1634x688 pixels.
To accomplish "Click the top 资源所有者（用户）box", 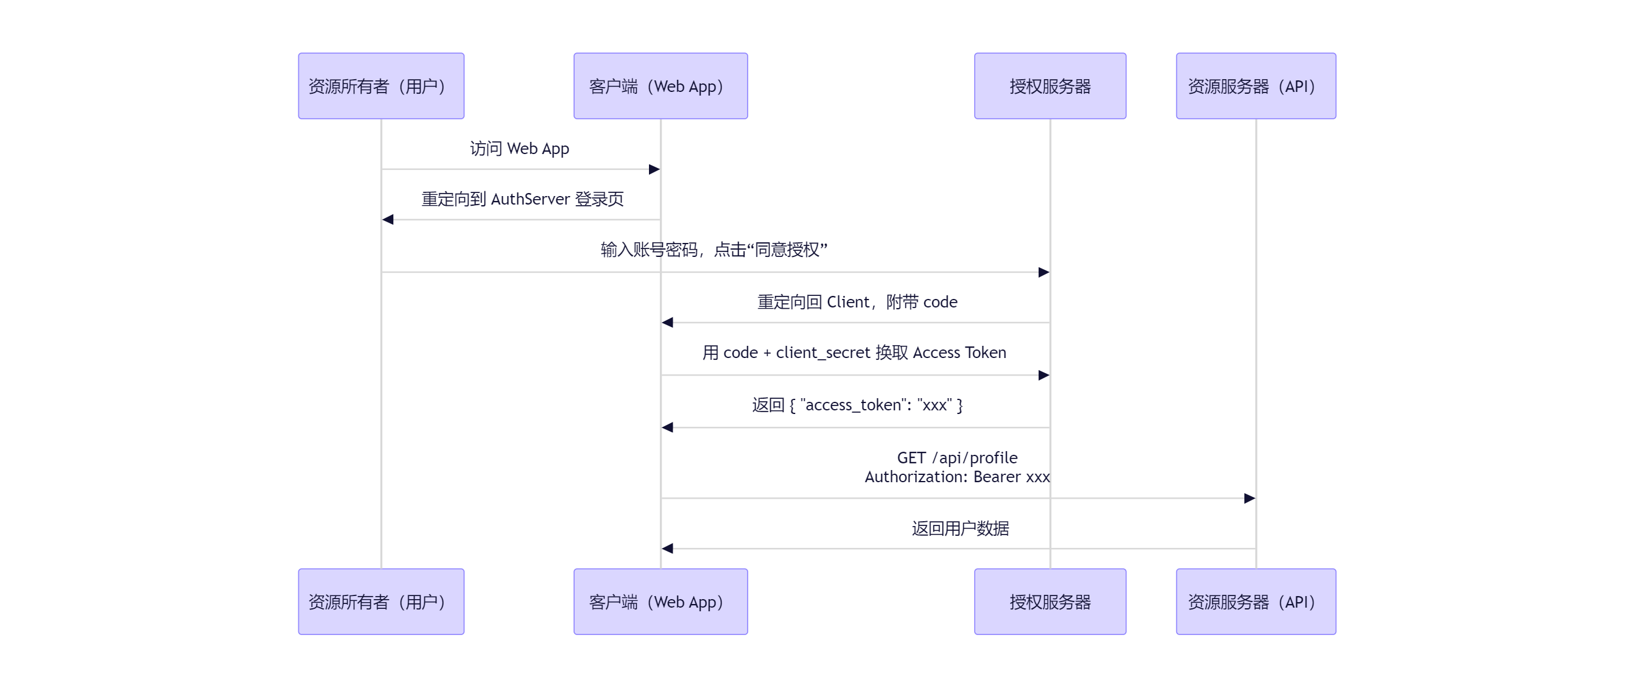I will coord(380,86).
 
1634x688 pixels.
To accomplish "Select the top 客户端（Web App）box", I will coord(661,86).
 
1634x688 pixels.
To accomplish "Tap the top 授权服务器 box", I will coord(1050,86).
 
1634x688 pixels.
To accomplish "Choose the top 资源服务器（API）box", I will coord(1255,86).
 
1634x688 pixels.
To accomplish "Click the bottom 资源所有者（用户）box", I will coord(380,601).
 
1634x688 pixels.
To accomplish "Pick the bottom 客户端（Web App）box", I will coord(661,601).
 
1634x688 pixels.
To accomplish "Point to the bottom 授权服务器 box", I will coord(1050,601).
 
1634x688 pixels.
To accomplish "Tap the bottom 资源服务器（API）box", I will coord(1255,601).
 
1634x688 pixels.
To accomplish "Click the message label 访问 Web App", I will coord(519,149).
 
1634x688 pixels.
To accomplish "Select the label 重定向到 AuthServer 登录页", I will coord(522,199).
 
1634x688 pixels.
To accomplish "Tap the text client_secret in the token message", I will coord(822,353).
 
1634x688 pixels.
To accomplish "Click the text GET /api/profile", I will coord(956,457).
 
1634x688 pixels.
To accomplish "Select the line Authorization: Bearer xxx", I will coord(956,477).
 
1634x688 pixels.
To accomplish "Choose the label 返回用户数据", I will coord(959,528).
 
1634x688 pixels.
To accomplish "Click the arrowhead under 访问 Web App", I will coord(654,169).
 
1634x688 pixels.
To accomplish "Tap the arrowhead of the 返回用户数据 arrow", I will coord(667,549).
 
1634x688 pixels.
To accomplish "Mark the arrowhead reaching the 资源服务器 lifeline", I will coord(1249,499).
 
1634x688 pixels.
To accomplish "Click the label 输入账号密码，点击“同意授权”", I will coord(714,250).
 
